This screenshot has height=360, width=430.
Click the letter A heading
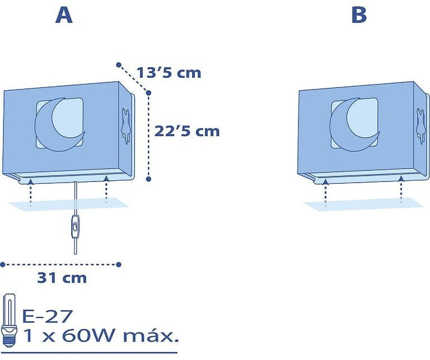[x=64, y=15]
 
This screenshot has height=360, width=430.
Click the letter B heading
[x=359, y=15]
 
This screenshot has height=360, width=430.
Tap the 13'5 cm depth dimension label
[x=169, y=73]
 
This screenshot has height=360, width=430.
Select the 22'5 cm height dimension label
[x=188, y=131]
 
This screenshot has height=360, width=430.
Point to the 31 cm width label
[x=62, y=278]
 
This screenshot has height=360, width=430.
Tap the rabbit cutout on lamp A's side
[x=125, y=125]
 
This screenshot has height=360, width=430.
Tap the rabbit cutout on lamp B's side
[x=420, y=125]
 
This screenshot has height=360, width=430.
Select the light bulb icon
[x=10, y=321]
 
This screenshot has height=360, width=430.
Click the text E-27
[x=47, y=316]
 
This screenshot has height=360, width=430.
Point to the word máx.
[x=150, y=335]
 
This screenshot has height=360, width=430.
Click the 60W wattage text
[x=88, y=335]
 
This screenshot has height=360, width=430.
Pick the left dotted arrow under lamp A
[x=30, y=191]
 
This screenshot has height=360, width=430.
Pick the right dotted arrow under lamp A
[x=106, y=189]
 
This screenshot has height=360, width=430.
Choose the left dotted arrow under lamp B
[x=325, y=192]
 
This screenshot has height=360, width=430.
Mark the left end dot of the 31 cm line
[x=3, y=265]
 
